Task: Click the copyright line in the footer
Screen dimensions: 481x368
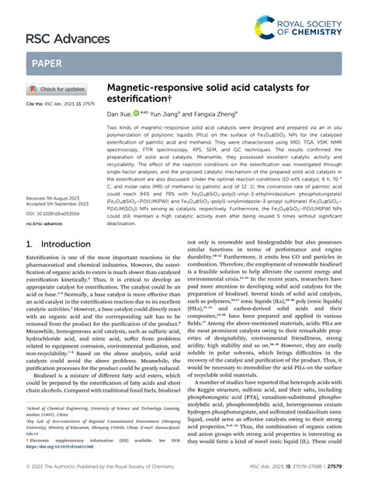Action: (88, 469)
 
